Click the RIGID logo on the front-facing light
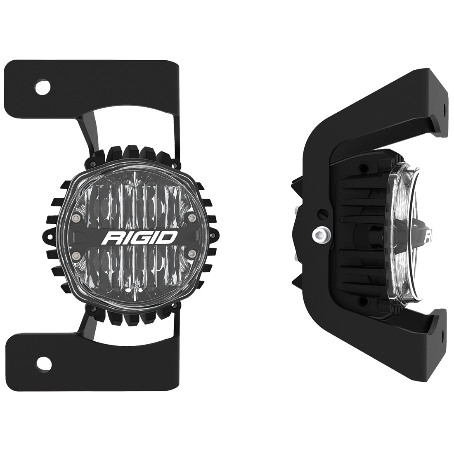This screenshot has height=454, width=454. pos(141,238)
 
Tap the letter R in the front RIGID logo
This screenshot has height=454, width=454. pos(112,238)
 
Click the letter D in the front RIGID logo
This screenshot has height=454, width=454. pos(170,237)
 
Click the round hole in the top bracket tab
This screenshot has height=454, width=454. pos(43,87)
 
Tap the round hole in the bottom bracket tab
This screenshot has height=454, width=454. pos(43,363)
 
